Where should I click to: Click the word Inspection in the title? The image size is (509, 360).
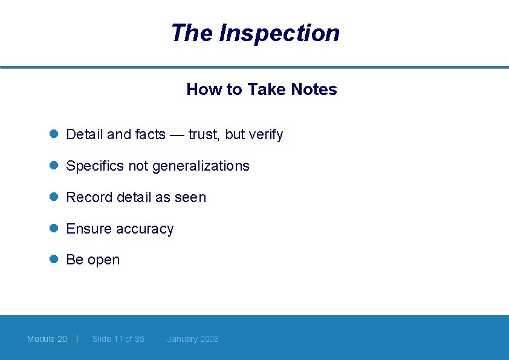[279, 33]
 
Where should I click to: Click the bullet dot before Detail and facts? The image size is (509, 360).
[53, 134]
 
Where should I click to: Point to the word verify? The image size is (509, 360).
[265, 135]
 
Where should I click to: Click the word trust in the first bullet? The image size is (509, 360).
[204, 135]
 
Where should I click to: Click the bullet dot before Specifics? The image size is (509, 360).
[53, 165]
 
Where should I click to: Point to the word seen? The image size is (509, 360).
[190, 198]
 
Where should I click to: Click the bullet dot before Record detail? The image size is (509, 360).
[53, 197]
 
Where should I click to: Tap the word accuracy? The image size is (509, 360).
[144, 229]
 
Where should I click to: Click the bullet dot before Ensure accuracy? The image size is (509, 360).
[53, 228]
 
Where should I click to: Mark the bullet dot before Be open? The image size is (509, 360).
[53, 259]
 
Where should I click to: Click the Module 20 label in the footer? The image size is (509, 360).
[47, 339]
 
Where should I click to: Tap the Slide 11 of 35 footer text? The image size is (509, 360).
[118, 339]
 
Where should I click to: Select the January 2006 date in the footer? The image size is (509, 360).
[193, 339]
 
